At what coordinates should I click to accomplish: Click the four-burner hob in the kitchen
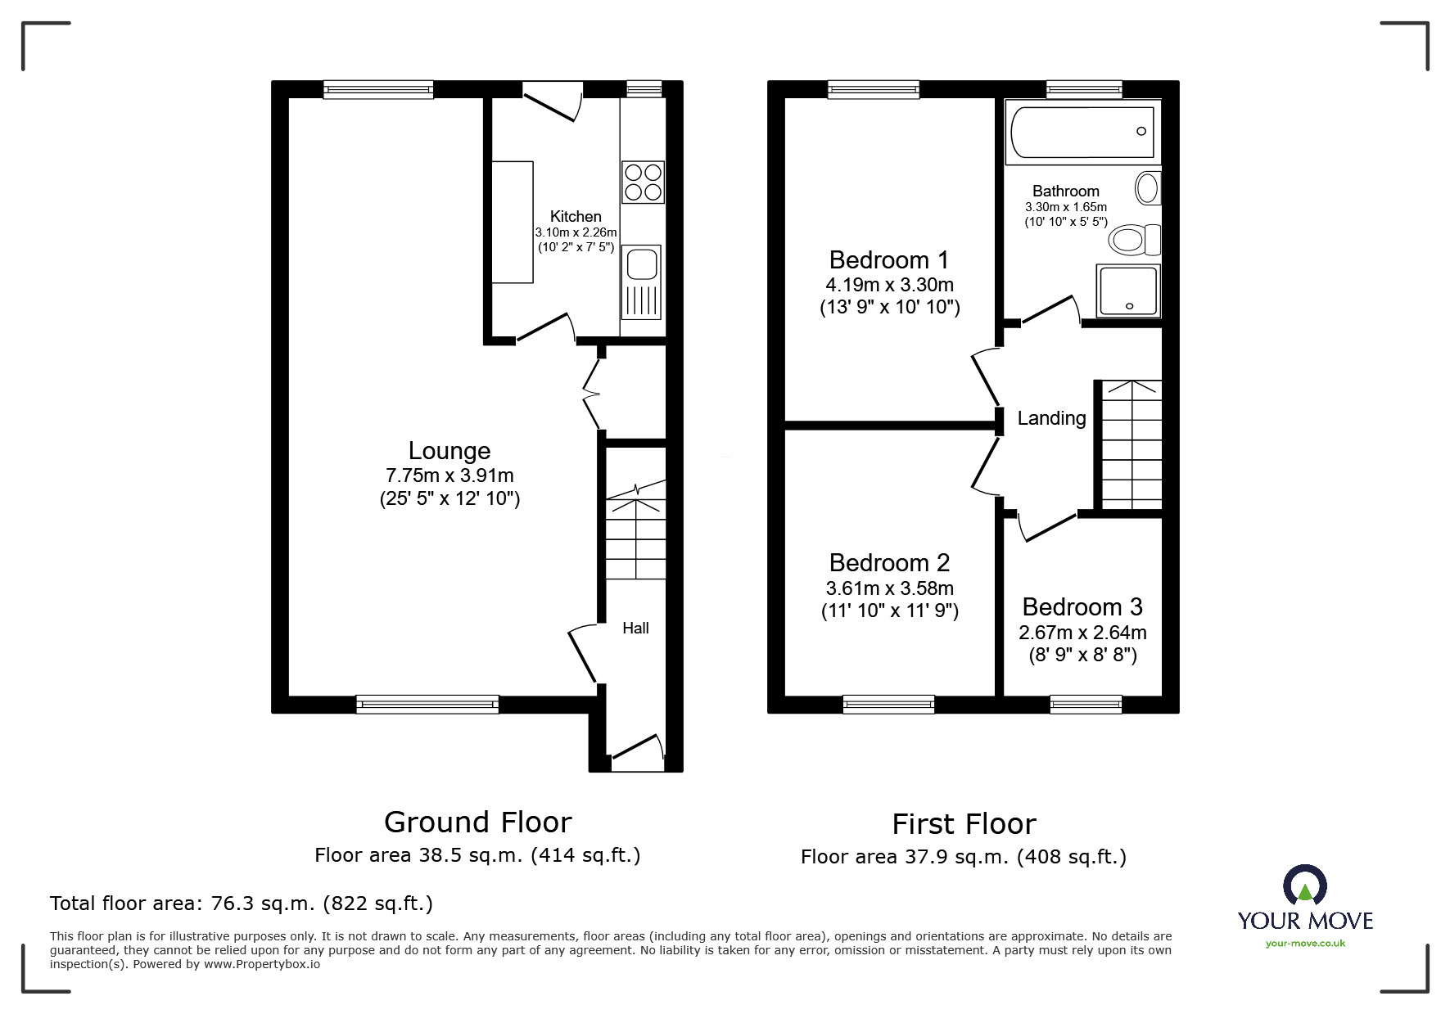pyautogui.click(x=643, y=183)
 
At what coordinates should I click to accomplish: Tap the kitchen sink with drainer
pyautogui.click(x=641, y=282)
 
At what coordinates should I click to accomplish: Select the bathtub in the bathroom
pyautogui.click(x=1082, y=132)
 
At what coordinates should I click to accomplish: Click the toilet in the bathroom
pyautogui.click(x=1134, y=241)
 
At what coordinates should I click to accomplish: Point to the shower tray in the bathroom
pyautogui.click(x=1128, y=291)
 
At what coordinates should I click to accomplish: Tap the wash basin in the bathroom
pyautogui.click(x=1148, y=188)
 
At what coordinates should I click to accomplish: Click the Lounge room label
pyautogui.click(x=449, y=451)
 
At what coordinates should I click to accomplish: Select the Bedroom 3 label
pyautogui.click(x=1082, y=607)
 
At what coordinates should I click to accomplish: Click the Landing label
pyautogui.click(x=1051, y=418)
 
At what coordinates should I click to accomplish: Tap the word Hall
pyautogui.click(x=635, y=629)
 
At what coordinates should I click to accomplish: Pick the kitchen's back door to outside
pyautogui.click(x=553, y=103)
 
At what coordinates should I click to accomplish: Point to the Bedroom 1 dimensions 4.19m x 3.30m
pyautogui.click(x=889, y=286)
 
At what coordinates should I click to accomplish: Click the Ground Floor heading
pyautogui.click(x=477, y=822)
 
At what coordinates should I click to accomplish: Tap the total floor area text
pyautogui.click(x=242, y=904)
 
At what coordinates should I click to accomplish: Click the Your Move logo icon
pyautogui.click(x=1304, y=886)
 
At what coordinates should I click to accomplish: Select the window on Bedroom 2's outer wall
pyautogui.click(x=888, y=703)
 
